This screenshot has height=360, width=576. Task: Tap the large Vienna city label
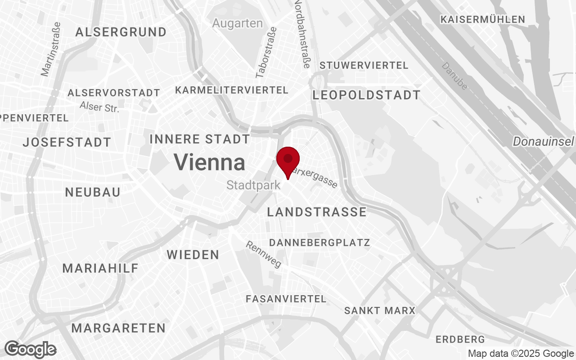point(210,162)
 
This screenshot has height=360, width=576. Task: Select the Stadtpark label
point(254,185)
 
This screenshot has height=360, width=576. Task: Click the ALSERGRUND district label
point(121,32)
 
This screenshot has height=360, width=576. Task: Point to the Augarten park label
point(238,23)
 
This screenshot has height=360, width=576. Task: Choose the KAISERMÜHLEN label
point(483,19)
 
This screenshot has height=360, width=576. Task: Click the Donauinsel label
point(544,142)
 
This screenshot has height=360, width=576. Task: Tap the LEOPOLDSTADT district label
point(366,95)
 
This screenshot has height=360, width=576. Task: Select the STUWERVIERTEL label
point(364,66)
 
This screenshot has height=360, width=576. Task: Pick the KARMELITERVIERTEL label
point(232,90)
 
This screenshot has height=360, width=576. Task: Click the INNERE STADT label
point(200,139)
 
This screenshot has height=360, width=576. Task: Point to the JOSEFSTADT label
point(67,143)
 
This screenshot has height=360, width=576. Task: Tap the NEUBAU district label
point(93,193)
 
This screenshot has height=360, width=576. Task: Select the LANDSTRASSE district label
point(317,212)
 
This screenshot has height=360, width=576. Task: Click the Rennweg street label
point(264,254)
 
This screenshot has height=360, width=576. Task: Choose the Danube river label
point(454,76)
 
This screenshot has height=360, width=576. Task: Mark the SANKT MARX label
point(380,310)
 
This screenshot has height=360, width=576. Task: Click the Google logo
point(31,349)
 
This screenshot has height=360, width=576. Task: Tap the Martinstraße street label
point(51,49)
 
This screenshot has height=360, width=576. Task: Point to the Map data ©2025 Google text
point(521,354)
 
